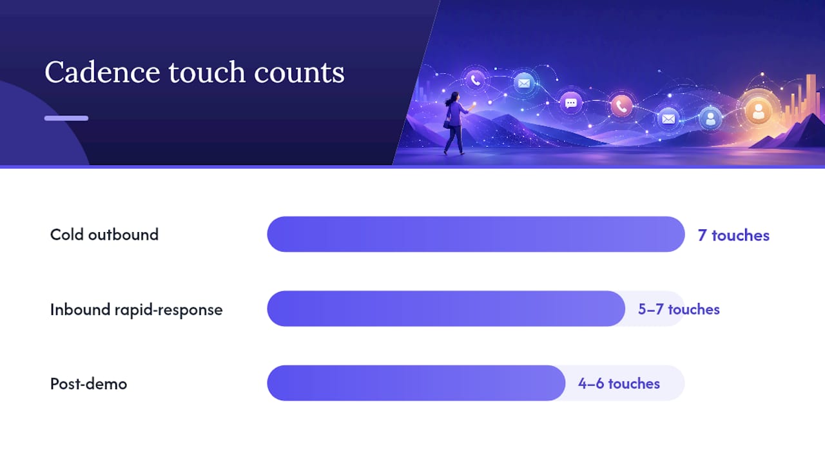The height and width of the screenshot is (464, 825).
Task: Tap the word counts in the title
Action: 299,73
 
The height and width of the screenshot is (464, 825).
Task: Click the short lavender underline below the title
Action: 66,118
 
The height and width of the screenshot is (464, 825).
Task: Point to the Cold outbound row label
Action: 104,235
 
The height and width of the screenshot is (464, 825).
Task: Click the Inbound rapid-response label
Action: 136,310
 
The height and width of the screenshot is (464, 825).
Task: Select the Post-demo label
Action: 89,383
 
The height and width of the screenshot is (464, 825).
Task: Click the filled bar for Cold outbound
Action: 476,234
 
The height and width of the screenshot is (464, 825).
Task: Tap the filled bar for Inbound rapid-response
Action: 446,309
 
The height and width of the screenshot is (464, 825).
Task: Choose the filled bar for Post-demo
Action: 416,383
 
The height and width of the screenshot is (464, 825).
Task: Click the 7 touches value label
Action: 733,235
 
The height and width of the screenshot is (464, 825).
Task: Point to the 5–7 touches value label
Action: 679,309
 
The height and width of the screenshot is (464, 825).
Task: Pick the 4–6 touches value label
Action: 619,383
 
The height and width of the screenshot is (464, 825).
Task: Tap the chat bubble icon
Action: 571,102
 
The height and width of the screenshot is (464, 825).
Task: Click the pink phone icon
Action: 622,106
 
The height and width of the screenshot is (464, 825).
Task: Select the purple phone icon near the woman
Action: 475,80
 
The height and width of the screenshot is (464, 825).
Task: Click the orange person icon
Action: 759,110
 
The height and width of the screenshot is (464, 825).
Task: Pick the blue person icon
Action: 710,119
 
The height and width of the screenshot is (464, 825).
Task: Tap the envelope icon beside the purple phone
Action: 524,83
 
